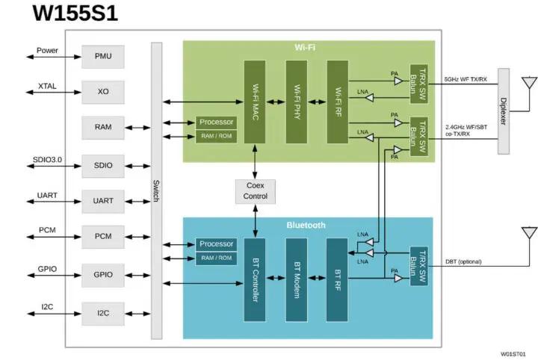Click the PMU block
103,57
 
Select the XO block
103,92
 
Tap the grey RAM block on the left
103,127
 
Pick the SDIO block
103,165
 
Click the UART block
103,201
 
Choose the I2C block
103,313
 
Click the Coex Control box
255,191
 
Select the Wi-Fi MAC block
255,102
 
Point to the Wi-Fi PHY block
297,102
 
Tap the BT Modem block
297,280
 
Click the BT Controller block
255,280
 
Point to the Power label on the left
47,51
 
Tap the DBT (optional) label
463,261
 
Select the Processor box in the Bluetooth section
216,244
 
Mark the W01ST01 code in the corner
513,353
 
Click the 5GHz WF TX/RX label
466,79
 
